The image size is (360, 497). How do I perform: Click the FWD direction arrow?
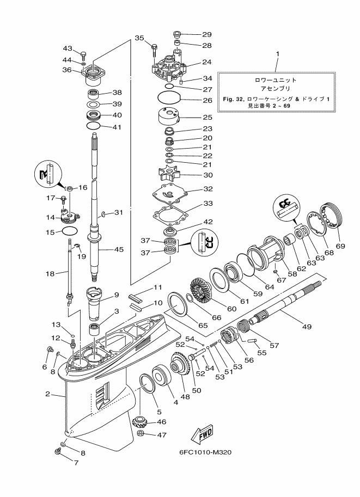202,434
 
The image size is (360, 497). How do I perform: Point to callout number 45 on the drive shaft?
119,250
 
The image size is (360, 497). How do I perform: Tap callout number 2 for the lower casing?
48,394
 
